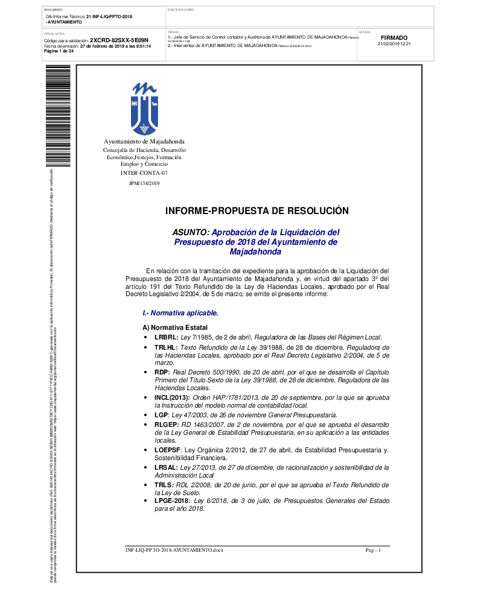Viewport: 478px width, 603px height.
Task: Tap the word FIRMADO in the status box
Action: pyautogui.click(x=394, y=37)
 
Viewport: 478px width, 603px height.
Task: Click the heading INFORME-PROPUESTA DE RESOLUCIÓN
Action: pyautogui.click(x=257, y=211)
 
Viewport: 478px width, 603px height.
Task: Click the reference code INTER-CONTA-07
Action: pyautogui.click(x=144, y=173)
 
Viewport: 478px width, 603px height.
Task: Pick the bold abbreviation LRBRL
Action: pyautogui.click(x=166, y=337)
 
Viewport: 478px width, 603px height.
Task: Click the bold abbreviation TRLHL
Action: pyautogui.click(x=166, y=348)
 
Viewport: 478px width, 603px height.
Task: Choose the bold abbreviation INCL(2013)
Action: pyautogui.click(x=172, y=398)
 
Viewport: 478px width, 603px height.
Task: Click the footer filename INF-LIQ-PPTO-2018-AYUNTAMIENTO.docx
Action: pyautogui.click(x=174, y=551)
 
